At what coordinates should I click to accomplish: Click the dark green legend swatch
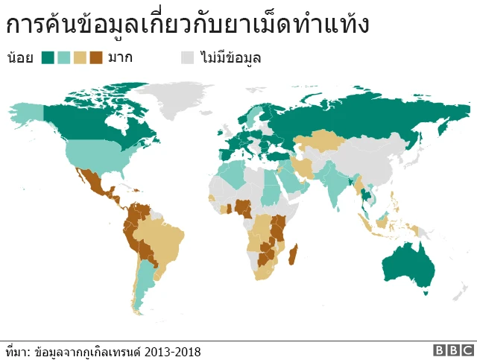(48, 57)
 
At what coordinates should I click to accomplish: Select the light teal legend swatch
(64, 57)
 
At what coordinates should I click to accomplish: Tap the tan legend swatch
(80, 57)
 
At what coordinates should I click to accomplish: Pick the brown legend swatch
(96, 57)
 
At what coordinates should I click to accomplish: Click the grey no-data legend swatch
(188, 57)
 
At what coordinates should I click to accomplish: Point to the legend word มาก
(120, 57)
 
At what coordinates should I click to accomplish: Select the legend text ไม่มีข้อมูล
(230, 57)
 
